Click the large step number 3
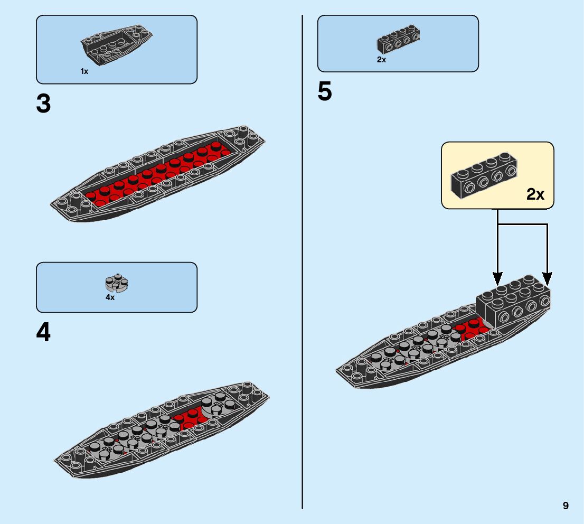coord(43,104)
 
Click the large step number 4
coord(43,333)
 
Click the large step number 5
coord(325,92)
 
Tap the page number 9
coord(566,506)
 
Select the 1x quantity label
coord(84,71)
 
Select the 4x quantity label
coord(110,297)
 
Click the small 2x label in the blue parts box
coord(381,60)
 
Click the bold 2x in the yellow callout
coord(535,194)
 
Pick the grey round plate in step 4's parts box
coord(117,284)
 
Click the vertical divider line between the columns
coord(302,264)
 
